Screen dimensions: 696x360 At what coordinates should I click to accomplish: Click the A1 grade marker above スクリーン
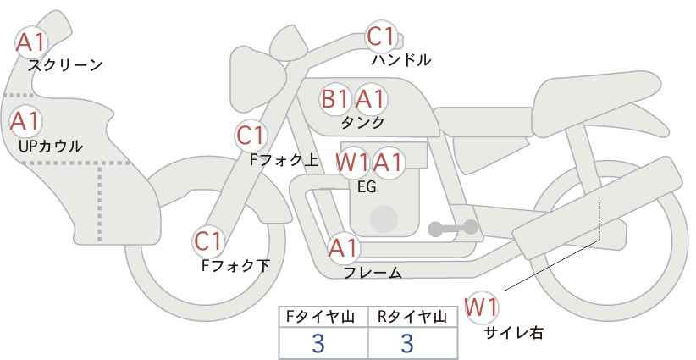click(x=30, y=42)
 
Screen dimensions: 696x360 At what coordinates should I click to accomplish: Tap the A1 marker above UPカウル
click(x=25, y=121)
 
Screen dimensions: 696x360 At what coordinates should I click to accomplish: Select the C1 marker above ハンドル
click(x=381, y=36)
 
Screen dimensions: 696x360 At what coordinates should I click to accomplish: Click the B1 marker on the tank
click(x=334, y=99)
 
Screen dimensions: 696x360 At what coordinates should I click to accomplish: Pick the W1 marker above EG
click(x=351, y=163)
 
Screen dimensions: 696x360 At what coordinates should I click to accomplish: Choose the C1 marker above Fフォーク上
click(x=251, y=136)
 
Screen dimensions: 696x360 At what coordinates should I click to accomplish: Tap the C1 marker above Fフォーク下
click(x=207, y=242)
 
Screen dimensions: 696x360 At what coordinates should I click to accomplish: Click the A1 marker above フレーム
click(x=343, y=248)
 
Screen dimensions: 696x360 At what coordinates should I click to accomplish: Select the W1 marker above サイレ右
click(x=482, y=307)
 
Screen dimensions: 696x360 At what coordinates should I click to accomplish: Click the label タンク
click(x=362, y=122)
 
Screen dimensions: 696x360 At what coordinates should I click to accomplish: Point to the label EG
click(x=367, y=187)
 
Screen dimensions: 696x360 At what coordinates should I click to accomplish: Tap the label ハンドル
click(x=401, y=59)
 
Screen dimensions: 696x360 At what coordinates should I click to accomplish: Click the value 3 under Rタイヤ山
click(x=407, y=343)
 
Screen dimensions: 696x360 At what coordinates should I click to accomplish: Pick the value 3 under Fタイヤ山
click(x=318, y=343)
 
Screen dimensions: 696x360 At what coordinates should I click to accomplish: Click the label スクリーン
click(x=65, y=65)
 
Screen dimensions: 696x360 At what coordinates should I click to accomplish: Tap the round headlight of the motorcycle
click(x=257, y=80)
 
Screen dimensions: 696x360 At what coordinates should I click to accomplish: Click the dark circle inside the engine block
click(x=384, y=219)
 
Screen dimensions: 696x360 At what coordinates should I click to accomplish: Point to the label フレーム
click(x=373, y=272)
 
